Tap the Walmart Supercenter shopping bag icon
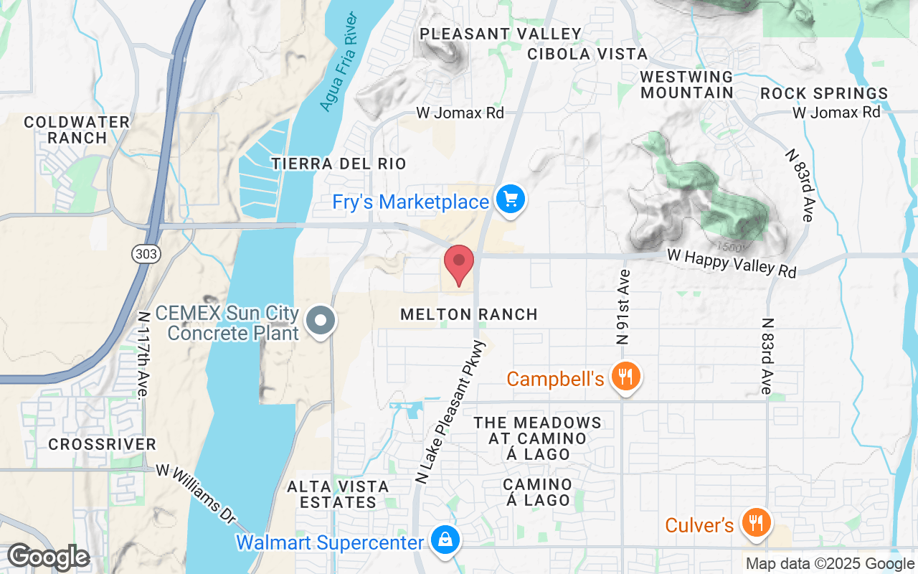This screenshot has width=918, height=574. point(445,541)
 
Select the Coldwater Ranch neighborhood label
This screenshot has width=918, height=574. point(76,130)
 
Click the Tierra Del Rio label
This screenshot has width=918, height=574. point(339,164)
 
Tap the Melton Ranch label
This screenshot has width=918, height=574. point(469,314)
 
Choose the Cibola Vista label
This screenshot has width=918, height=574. point(587,54)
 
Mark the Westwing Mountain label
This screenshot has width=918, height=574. point(687,85)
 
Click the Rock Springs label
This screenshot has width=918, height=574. point(824,93)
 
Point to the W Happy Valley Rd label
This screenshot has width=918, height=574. point(732,262)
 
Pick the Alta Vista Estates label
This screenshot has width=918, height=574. point(338,494)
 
